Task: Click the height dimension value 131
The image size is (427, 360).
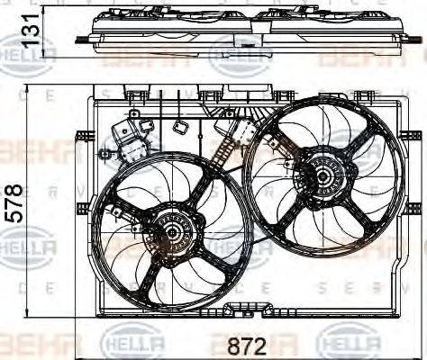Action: tap(32, 30)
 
